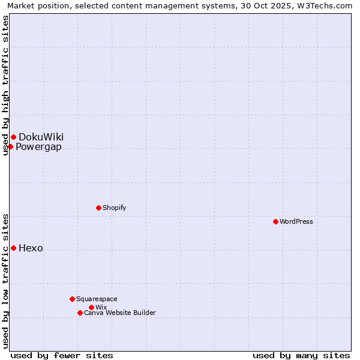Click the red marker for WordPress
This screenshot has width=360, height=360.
click(x=275, y=221)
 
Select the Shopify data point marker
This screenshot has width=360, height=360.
click(x=98, y=208)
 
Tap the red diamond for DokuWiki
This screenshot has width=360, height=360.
click(x=13, y=137)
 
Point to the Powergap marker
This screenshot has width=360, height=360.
click(x=10, y=146)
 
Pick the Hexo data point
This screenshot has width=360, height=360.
click(x=13, y=248)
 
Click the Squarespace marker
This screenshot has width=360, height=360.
click(x=72, y=299)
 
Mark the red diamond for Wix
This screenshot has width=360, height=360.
click(x=91, y=307)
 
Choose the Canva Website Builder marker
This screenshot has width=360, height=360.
click(x=80, y=313)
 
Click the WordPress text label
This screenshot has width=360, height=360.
click(x=296, y=221)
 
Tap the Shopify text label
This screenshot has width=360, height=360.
click(x=115, y=208)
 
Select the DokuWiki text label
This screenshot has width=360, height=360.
click(x=41, y=137)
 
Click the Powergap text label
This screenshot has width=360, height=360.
click(x=38, y=147)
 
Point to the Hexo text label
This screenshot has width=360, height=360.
click(x=31, y=248)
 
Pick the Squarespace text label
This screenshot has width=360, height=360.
click(x=97, y=299)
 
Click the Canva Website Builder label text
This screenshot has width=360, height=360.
click(x=120, y=313)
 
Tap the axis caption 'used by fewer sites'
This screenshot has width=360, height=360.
click(x=62, y=355)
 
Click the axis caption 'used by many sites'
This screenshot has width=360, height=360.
click(x=301, y=355)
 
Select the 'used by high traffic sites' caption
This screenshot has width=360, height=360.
click(x=5, y=86)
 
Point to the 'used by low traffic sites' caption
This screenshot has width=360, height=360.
click(x=5, y=281)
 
